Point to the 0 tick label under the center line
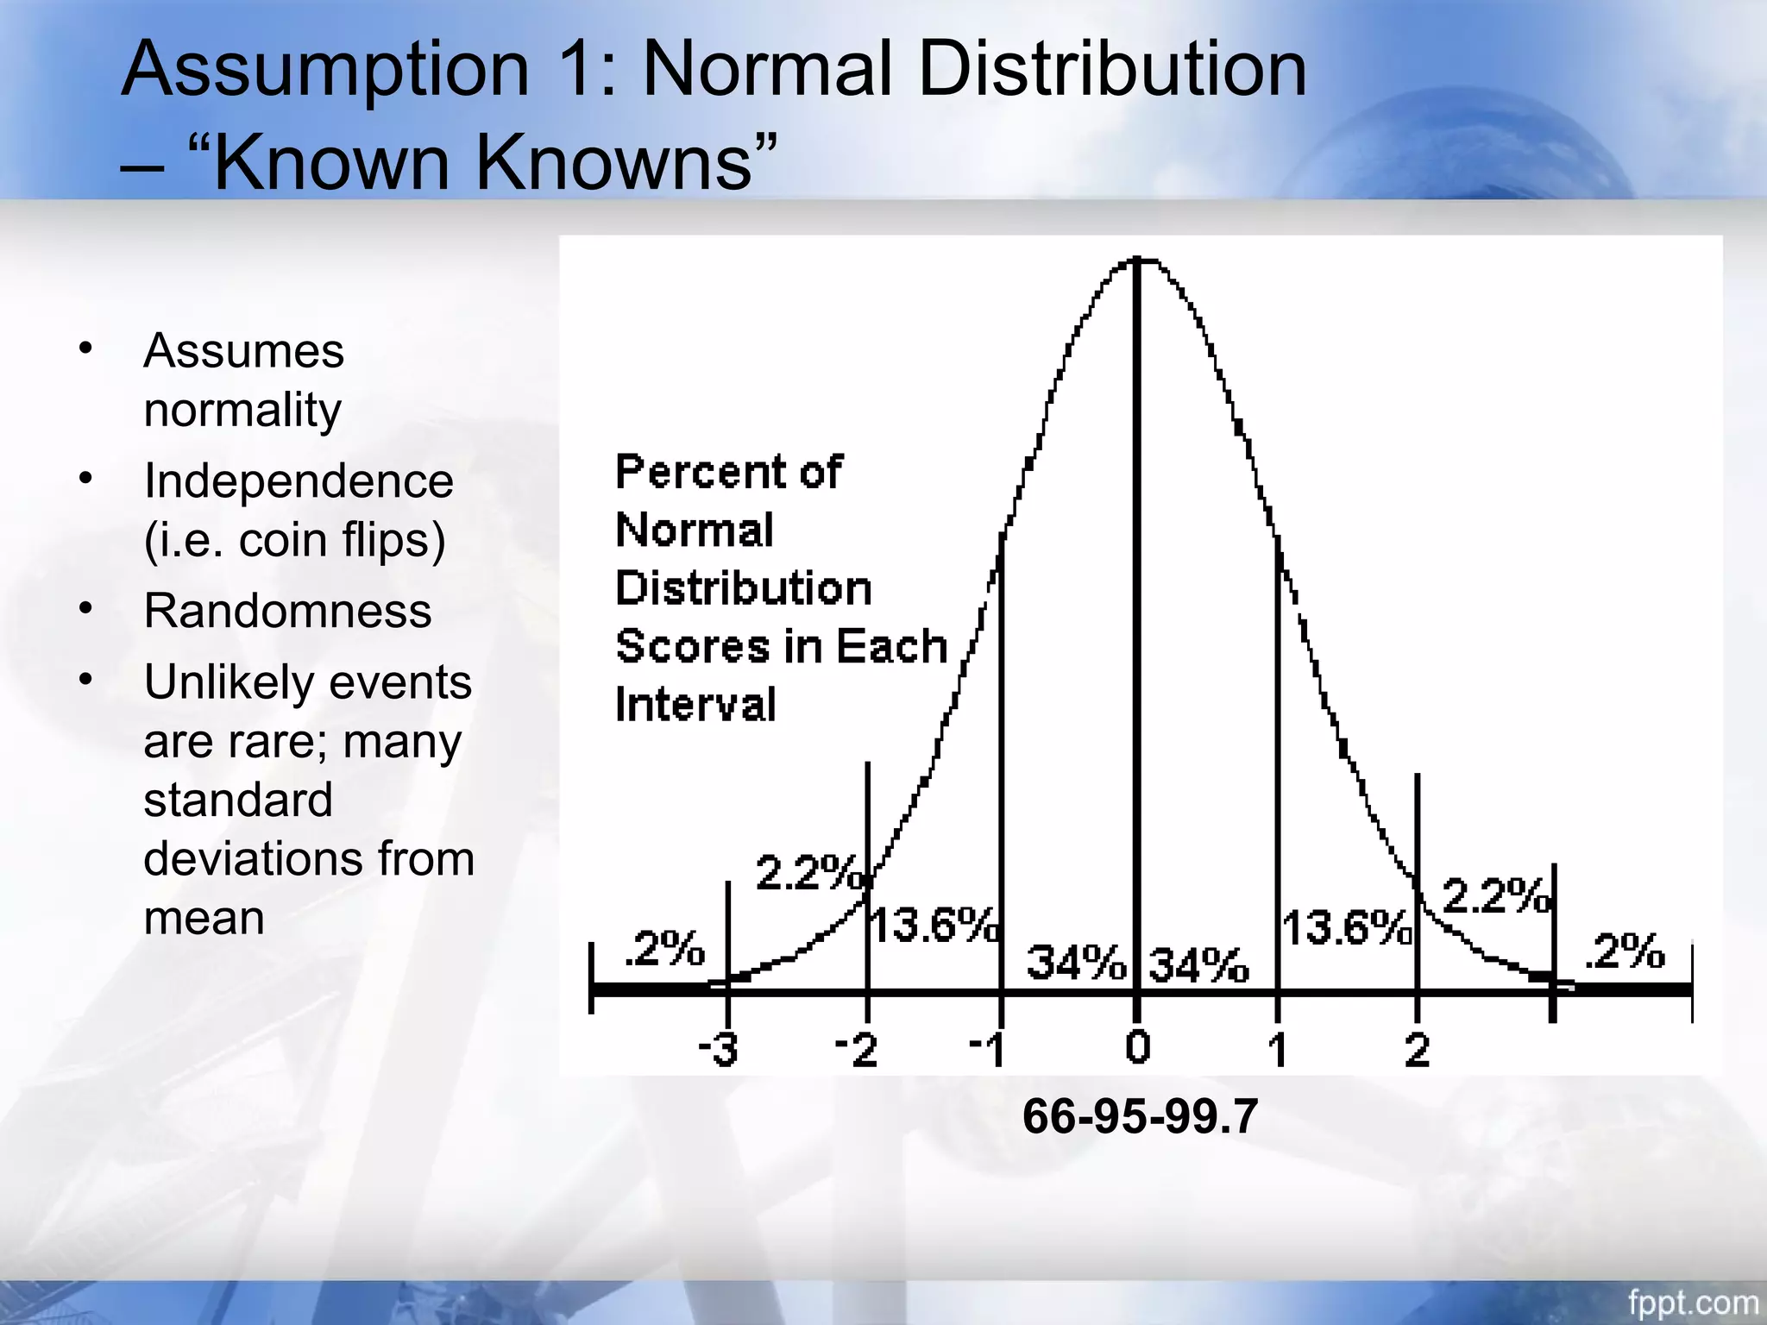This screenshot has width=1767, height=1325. point(1138,1047)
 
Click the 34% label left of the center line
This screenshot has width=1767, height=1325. point(1076,962)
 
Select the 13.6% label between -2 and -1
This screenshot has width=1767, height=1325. point(934,926)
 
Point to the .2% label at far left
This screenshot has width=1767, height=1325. point(663,948)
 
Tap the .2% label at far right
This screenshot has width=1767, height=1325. point(1625,951)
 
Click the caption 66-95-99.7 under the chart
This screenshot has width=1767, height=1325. point(1140,1116)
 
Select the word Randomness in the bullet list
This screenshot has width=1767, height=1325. point(287,611)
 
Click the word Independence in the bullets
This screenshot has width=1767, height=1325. point(298,480)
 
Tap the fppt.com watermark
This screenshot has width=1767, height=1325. point(1693,1302)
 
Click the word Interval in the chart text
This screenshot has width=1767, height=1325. point(695,704)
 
